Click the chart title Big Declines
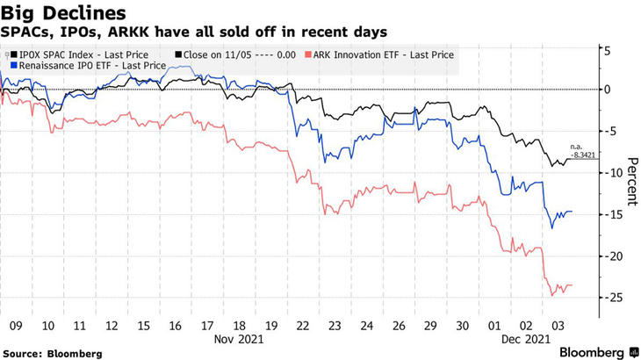pyautogui.click(x=62, y=12)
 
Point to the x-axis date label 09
pyautogui.click(x=16, y=323)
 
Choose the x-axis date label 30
pyautogui.click(x=463, y=323)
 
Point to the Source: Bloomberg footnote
pyautogui.click(x=52, y=353)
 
